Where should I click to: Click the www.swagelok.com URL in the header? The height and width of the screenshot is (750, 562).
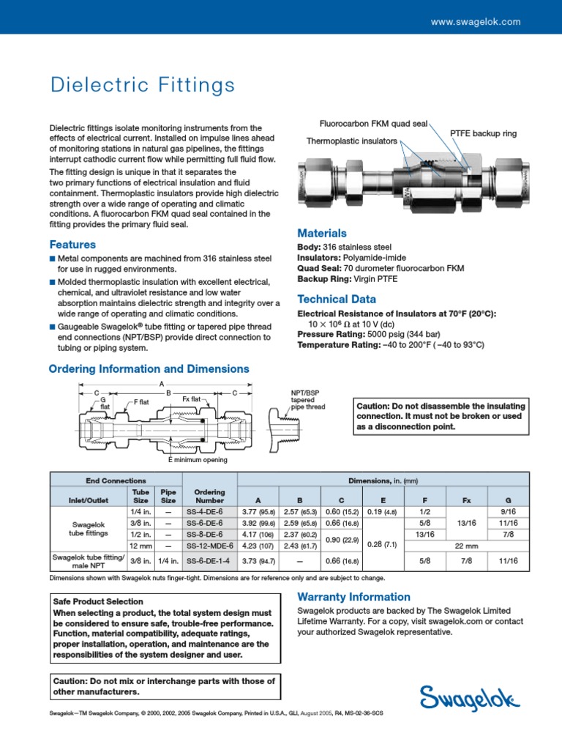[x=475, y=22]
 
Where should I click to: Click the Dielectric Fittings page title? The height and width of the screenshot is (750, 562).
[x=142, y=86]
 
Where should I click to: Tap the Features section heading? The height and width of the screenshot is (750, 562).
[x=72, y=245]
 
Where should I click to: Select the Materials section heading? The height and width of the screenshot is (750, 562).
[x=322, y=233]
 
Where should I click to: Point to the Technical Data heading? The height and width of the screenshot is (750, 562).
[x=337, y=299]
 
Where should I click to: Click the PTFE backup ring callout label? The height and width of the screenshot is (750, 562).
[x=483, y=133]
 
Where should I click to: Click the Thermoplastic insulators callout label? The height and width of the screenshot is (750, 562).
[x=351, y=141]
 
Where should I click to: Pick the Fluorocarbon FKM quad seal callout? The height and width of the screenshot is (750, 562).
[x=373, y=124]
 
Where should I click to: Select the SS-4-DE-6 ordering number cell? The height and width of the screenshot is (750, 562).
[x=210, y=511]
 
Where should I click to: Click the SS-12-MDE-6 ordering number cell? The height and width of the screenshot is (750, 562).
[x=210, y=546]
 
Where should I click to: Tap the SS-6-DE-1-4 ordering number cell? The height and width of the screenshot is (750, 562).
[x=210, y=561]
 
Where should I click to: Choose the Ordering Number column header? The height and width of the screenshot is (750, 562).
[x=210, y=496]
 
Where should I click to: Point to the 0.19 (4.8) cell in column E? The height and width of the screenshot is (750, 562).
[x=381, y=511]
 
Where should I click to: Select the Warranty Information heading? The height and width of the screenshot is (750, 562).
[x=353, y=597]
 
